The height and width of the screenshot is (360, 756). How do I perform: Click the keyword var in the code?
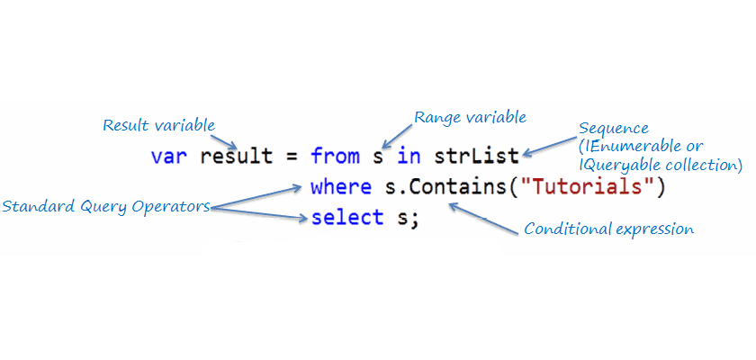coord(169,157)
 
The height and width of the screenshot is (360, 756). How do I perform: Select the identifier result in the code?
coord(236,157)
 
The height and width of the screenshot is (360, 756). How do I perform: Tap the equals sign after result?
coord(291,157)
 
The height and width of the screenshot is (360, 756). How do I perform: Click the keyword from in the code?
coord(335,157)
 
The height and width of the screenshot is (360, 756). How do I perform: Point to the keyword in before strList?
coord(409,157)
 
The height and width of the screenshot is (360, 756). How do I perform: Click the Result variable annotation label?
coord(159,124)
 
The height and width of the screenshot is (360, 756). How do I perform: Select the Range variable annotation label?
coord(470,117)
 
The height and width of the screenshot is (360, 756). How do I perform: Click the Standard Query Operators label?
coord(106,206)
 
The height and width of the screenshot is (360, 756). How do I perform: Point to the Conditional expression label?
coord(608,229)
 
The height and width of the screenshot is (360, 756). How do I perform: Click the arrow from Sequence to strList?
coord(549,147)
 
